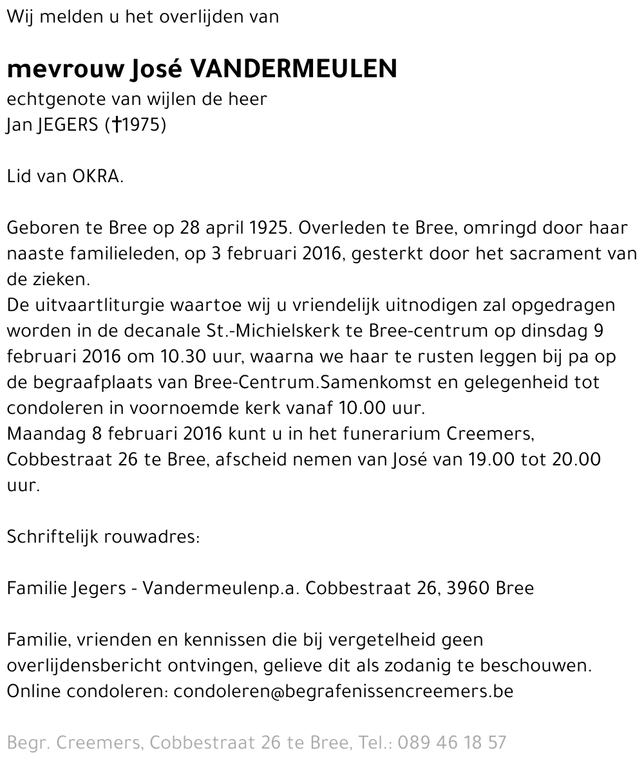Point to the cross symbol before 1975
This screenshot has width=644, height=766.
116,125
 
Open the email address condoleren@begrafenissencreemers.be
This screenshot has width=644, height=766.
344,691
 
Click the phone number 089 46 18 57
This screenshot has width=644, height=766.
452,743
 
